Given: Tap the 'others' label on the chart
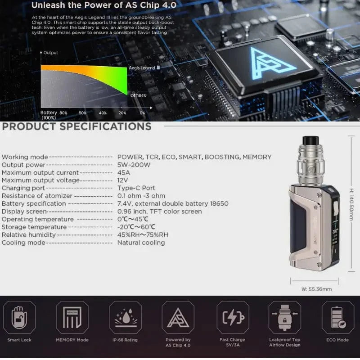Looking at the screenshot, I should (x=138, y=95).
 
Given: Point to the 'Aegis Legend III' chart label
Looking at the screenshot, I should (x=144, y=68).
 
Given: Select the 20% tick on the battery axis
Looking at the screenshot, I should (x=122, y=112).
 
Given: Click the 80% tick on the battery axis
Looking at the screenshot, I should (x=63, y=112).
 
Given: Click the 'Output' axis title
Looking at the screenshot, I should (x=51, y=53).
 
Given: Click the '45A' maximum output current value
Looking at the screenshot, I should (x=124, y=172).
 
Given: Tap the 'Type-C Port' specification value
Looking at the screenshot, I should (x=136, y=188).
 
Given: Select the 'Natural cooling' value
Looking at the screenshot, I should (x=141, y=243).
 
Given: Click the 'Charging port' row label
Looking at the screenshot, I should (x=23, y=188).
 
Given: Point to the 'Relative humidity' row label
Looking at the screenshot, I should (x=29, y=234).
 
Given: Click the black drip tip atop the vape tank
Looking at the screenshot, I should (x=311, y=140).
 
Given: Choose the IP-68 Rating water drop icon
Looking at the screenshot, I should (x=122, y=317).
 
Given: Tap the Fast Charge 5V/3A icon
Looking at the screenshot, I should (x=233, y=317).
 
